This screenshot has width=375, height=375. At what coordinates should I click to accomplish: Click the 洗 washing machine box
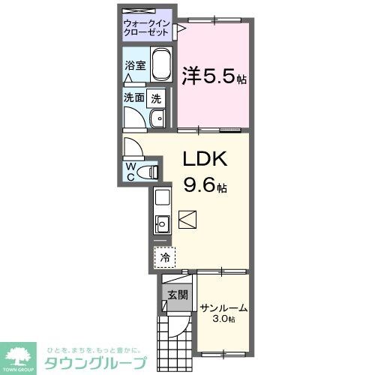[156, 97]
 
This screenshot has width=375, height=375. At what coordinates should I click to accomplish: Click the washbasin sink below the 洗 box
[157, 120]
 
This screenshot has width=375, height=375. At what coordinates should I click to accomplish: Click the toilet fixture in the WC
[151, 171]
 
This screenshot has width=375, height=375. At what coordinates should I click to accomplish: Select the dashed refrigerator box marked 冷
[164, 257]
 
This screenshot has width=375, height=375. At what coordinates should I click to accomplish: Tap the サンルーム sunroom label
[223, 307]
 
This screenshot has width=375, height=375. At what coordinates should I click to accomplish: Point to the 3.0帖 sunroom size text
[223, 319]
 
